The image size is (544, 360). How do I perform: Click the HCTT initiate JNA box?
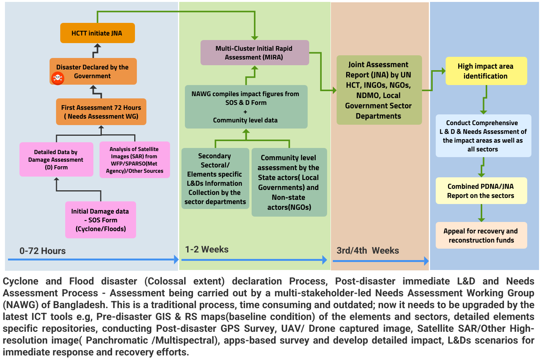point(97,33)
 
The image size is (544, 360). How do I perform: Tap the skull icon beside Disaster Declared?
point(58,78)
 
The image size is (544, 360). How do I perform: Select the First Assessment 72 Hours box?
point(101,112)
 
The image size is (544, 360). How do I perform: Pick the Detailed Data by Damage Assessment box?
point(56,159)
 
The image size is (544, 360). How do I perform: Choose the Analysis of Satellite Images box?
point(135,160)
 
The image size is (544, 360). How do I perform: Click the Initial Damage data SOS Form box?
point(101,220)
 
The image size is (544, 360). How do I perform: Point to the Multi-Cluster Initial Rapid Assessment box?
point(254,53)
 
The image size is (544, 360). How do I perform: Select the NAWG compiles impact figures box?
point(246,107)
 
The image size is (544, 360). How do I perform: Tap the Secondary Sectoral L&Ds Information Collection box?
point(215,178)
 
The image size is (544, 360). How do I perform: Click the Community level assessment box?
point(289,182)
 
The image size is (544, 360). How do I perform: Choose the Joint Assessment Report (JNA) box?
point(379,90)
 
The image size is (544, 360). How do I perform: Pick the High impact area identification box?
point(486,71)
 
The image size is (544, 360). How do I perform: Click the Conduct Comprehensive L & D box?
point(483,136)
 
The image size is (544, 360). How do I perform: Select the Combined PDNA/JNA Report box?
point(481,191)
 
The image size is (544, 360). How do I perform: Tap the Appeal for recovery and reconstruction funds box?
point(481,235)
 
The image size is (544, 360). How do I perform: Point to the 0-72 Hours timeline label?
point(43,251)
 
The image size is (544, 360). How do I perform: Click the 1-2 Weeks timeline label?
point(207,249)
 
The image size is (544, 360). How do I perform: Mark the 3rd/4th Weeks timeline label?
point(367,251)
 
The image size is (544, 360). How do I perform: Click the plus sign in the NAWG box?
point(245,112)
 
